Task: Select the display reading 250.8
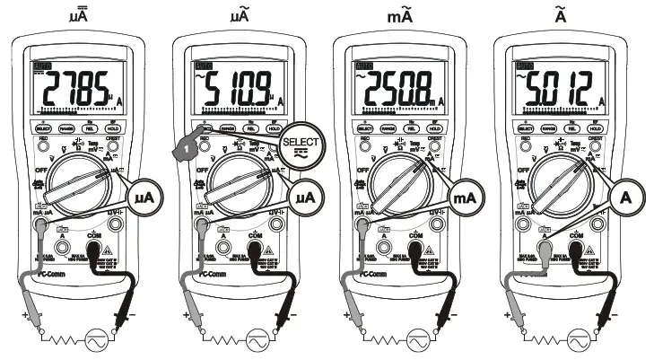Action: click(x=398, y=86)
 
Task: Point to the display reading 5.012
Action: click(x=557, y=86)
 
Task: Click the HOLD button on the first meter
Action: click(x=115, y=128)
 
